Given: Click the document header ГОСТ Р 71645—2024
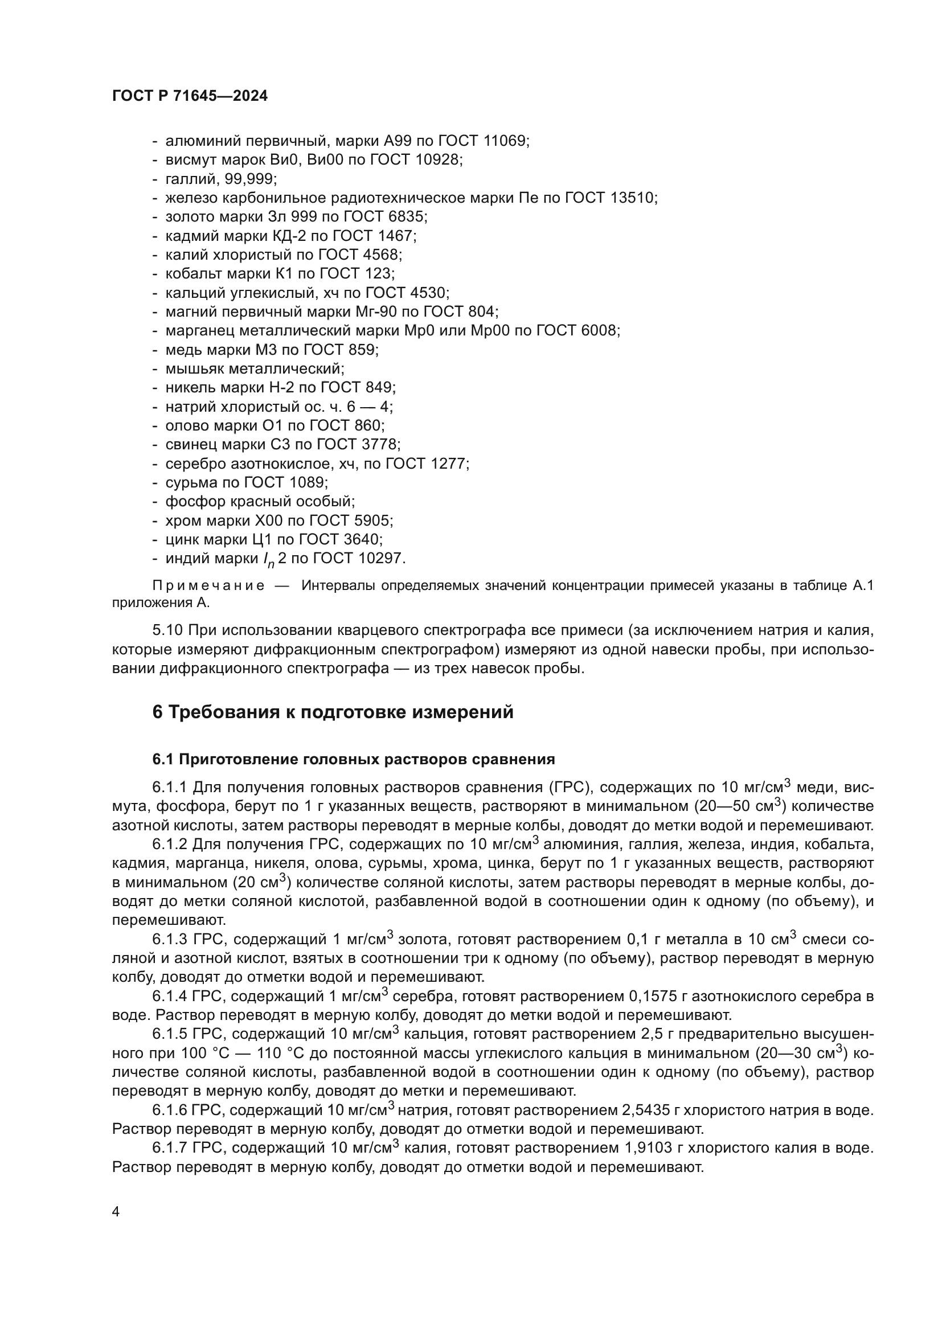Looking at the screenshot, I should (x=190, y=96).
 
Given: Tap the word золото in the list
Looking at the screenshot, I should (x=185, y=217).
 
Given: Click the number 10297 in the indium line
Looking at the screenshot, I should (x=380, y=559).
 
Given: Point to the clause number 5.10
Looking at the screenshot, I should (x=168, y=630).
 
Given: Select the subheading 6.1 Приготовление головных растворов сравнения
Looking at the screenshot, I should (x=354, y=760).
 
